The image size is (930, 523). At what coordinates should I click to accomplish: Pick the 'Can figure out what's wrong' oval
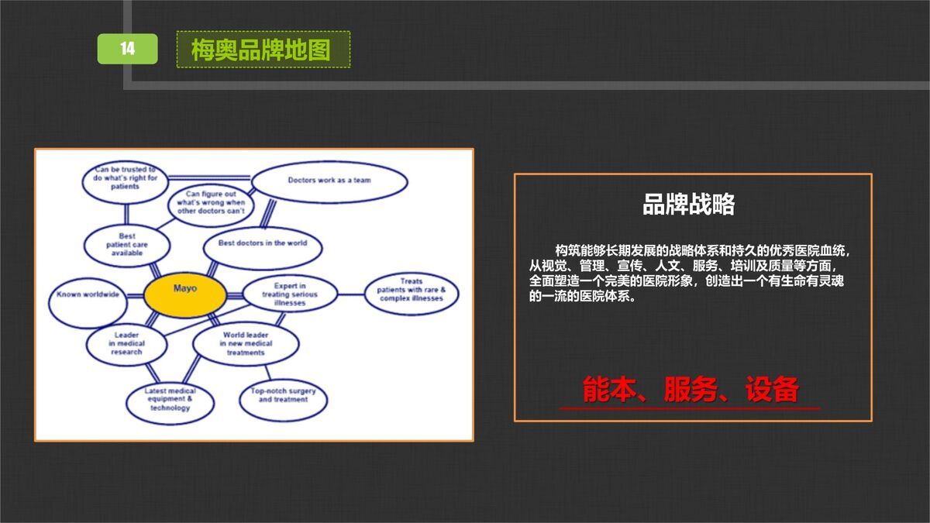pyautogui.click(x=210, y=204)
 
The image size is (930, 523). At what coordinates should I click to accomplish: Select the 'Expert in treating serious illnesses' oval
pyautogui.click(x=290, y=295)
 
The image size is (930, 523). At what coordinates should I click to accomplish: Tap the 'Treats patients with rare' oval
pyautogui.click(x=411, y=293)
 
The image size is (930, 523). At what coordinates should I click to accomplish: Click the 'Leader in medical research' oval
pyautogui.click(x=126, y=344)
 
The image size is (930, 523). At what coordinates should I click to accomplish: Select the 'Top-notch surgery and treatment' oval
pyautogui.click(x=283, y=398)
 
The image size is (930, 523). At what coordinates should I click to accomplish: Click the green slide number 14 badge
pyautogui.click(x=127, y=49)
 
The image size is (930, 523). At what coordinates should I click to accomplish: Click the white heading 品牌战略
pyautogui.click(x=688, y=205)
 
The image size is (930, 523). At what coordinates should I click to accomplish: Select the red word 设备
pyautogui.click(x=771, y=389)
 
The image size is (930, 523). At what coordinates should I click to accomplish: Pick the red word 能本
pyautogui.click(x=608, y=389)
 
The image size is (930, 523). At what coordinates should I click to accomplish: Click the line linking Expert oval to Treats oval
pyautogui.click(x=352, y=294)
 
